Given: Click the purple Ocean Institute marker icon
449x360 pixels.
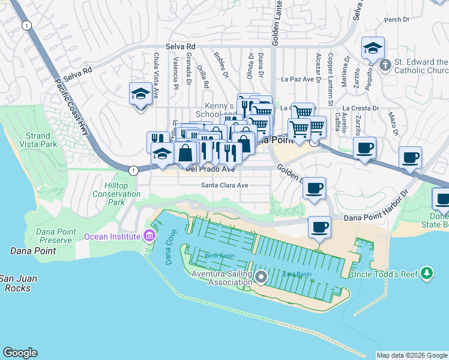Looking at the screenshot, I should [x=148, y=236].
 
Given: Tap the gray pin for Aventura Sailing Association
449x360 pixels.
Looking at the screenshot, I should [x=261, y=277].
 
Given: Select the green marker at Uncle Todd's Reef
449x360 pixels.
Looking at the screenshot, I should [x=427, y=273].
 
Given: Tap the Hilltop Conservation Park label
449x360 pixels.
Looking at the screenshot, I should [x=116, y=194].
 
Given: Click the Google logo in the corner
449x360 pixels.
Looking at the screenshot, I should [x=20, y=353].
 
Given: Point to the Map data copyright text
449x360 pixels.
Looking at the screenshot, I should [x=412, y=355].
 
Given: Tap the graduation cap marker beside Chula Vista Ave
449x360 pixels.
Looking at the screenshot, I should [x=140, y=94].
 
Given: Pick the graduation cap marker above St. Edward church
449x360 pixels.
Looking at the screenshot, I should [x=373, y=48].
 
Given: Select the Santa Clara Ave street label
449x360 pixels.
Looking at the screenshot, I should [x=224, y=186].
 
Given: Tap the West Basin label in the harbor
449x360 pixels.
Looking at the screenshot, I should [x=218, y=256].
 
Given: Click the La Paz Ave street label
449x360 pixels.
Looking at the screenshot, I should [x=298, y=79].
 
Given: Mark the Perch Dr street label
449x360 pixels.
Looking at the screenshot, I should [x=396, y=19].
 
